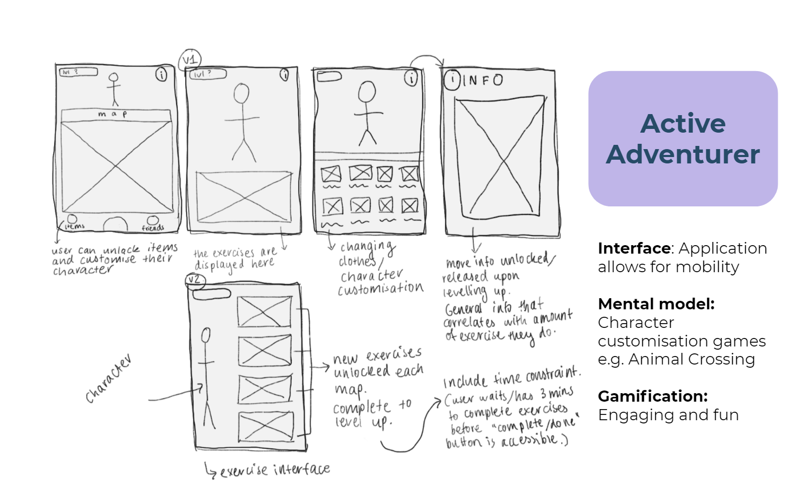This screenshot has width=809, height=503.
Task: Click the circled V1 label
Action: [190, 60]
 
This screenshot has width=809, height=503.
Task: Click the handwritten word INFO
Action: [482, 81]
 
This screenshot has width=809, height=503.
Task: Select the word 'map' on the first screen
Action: [112, 114]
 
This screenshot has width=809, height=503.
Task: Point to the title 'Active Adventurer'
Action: [683, 138]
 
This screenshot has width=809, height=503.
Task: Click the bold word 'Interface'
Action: [634, 248]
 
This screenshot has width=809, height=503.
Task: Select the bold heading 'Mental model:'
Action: [656, 304]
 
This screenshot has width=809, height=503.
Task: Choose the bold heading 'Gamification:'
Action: [653, 396]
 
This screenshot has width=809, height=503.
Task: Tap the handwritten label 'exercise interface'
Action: [274, 470]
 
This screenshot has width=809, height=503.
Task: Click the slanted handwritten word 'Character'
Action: [109, 379]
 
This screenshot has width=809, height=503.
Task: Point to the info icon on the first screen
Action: [161, 75]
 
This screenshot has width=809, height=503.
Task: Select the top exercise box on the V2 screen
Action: [264, 311]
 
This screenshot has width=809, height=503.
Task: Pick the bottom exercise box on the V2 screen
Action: [265, 427]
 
